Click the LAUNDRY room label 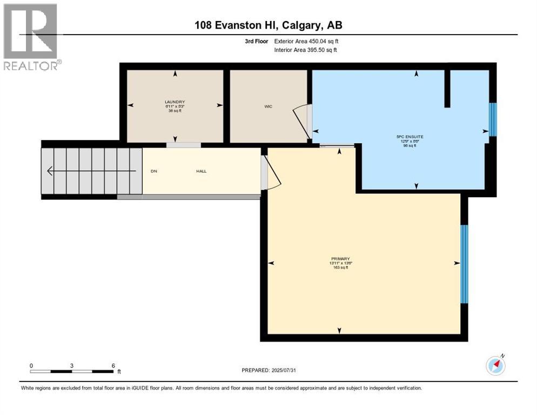[174, 102]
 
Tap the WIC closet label [268, 106]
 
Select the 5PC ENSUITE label [410, 137]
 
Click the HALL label [201, 171]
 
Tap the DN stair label [153, 171]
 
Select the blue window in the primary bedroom [464, 264]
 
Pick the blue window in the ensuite [492, 120]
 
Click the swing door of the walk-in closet [300, 121]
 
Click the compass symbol [495, 365]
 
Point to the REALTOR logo [31, 37]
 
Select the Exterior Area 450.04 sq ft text [306, 41]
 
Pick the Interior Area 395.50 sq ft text [306, 50]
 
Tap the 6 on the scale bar [113, 365]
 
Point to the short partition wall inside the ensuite [447, 89]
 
